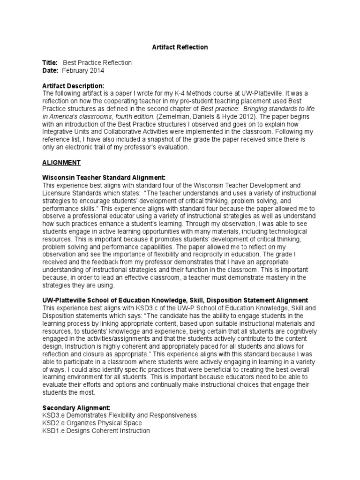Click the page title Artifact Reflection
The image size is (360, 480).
point(180,47)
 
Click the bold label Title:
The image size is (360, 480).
point(50,63)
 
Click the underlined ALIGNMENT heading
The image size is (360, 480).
point(61,163)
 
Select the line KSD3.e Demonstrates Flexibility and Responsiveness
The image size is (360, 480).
point(120,415)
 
